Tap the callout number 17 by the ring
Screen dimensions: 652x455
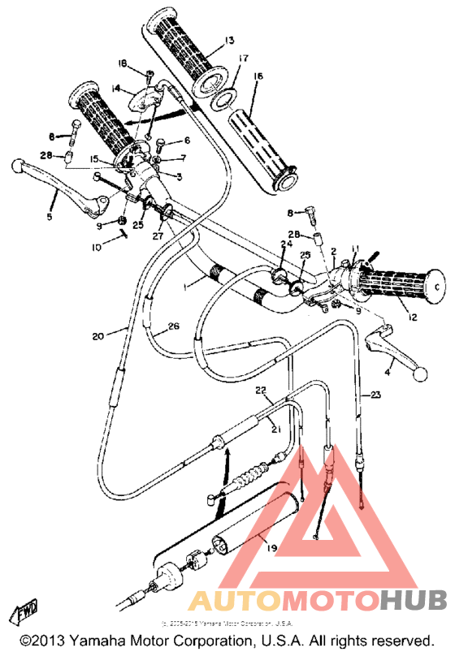(x=242, y=58)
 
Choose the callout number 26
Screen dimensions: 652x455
(x=173, y=327)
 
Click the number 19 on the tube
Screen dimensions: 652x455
(x=271, y=550)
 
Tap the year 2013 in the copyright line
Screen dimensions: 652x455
(x=53, y=641)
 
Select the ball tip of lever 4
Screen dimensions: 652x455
(x=420, y=374)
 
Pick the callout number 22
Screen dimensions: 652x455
(x=261, y=391)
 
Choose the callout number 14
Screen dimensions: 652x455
(x=116, y=88)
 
